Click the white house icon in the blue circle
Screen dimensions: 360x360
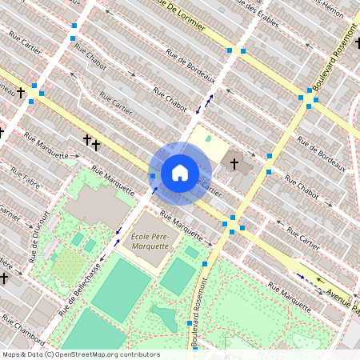click(x=180, y=172)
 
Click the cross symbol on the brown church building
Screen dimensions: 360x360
click(x=234, y=164)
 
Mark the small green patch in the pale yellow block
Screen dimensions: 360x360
click(x=209, y=139)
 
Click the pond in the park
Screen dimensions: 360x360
click(x=165, y=317)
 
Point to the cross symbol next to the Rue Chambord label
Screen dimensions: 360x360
click(x=4, y=278)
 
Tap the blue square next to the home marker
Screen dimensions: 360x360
click(x=152, y=175)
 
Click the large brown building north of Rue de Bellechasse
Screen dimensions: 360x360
click(x=96, y=205)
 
